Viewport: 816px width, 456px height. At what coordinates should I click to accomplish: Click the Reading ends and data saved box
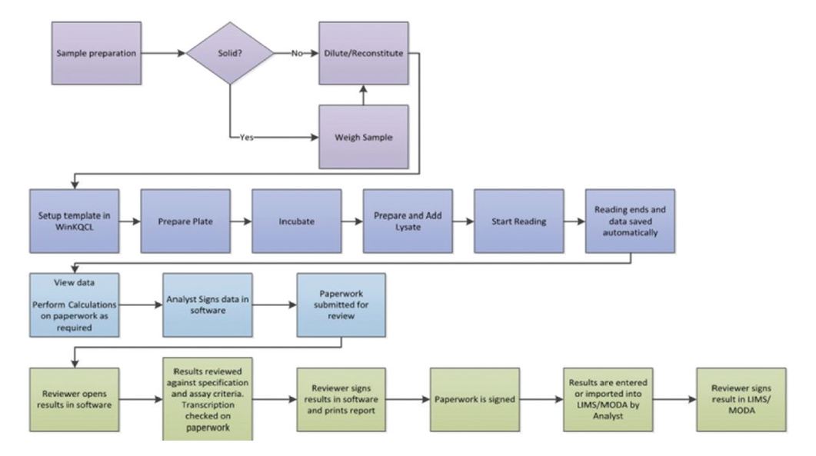click(630, 222)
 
